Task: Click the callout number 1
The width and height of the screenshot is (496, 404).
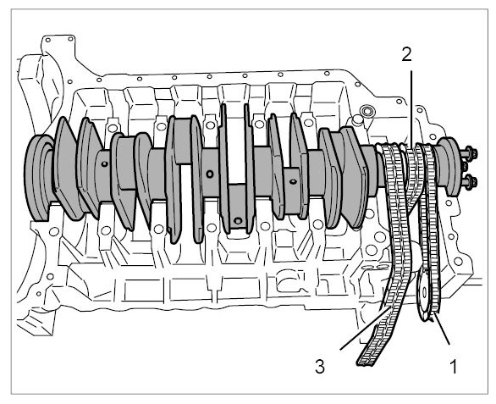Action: coord(454,367)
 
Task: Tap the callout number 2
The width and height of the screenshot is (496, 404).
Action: coord(407,54)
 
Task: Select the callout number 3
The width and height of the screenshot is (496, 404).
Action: coord(320,367)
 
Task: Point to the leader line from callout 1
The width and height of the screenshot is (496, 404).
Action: coord(442,329)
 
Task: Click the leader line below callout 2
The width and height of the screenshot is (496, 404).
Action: coord(411,108)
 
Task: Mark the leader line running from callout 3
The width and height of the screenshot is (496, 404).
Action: coord(365,329)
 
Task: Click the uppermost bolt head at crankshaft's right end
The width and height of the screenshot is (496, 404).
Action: coord(471,153)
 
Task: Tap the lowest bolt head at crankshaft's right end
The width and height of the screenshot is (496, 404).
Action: coord(471,182)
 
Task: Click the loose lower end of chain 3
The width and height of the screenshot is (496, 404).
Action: coord(367,360)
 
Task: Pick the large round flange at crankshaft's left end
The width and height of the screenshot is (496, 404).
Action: coord(37,177)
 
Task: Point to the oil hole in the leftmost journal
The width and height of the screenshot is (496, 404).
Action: coord(105,163)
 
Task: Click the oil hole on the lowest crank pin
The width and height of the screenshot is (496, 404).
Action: coord(238,220)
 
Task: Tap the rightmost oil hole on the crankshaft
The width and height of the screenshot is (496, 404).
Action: coord(293,181)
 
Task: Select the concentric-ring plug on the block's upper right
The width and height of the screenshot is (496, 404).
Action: coord(367,111)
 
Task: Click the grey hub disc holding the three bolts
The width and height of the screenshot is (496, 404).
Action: coord(447,167)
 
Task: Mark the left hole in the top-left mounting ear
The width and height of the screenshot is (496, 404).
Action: coord(48,40)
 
